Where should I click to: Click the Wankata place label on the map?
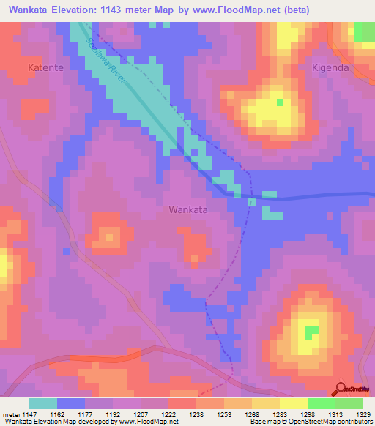click(188, 209)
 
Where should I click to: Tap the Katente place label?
click(47, 67)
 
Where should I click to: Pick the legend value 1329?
click(363, 415)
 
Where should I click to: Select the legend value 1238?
click(196, 415)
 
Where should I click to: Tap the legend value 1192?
click(112, 415)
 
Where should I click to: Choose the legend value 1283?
click(279, 415)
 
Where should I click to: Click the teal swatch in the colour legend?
click(43, 403)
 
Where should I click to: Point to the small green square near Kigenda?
click(279, 102)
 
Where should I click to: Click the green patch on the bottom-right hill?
click(312, 332)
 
